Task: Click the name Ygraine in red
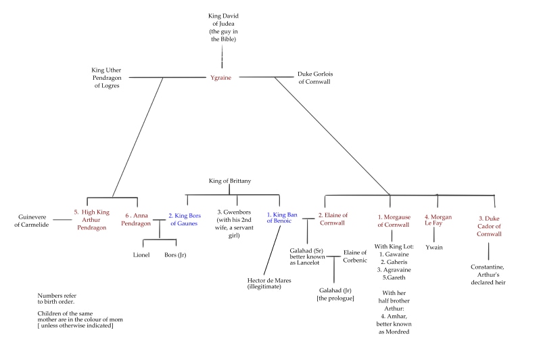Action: [220, 78]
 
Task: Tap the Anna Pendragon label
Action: [137, 220]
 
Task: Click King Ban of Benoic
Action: [281, 219]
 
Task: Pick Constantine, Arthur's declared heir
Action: [488, 274]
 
